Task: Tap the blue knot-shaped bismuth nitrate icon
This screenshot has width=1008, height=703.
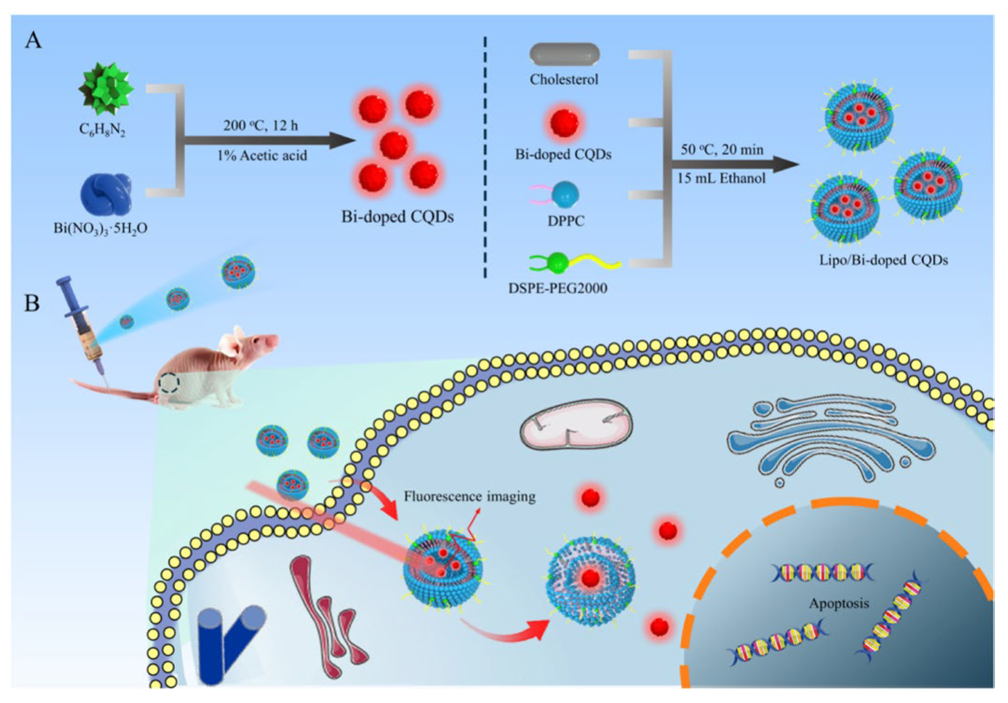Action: point(106,194)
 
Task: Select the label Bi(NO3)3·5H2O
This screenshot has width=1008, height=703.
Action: point(100,229)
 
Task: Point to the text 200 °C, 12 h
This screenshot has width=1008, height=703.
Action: point(260,126)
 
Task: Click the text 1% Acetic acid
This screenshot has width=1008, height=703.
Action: point(262,155)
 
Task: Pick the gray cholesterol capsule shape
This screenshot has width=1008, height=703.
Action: point(564,54)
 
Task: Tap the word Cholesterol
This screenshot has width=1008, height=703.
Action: point(564,79)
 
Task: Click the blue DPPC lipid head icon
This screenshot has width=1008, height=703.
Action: point(565,194)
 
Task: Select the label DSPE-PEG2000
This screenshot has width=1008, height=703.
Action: point(558,288)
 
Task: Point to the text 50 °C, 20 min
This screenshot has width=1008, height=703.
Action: point(722,150)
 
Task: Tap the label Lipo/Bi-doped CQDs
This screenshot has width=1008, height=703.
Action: point(883,260)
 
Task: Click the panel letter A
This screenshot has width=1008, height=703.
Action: point(33,41)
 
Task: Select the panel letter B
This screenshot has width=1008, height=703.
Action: point(32,303)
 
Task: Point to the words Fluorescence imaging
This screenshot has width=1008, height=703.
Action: point(469,496)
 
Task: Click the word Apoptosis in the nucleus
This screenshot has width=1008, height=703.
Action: point(839,604)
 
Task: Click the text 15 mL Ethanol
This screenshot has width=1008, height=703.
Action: point(721,178)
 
